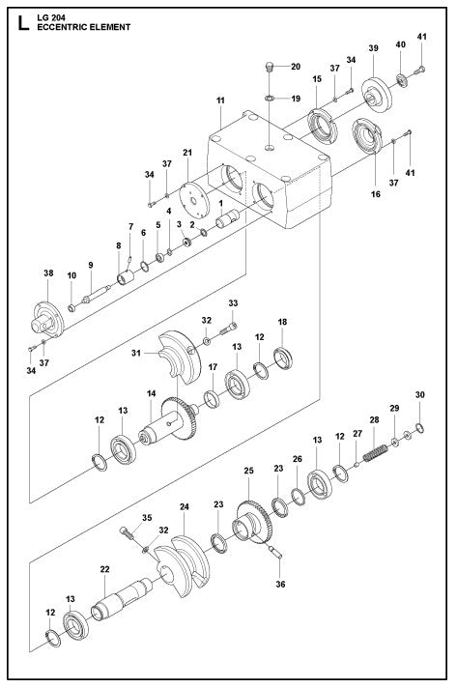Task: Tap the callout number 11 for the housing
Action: tap(220, 100)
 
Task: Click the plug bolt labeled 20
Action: tap(270, 68)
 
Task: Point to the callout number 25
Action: tap(248, 470)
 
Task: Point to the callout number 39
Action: tap(373, 48)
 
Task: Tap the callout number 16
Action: tap(375, 193)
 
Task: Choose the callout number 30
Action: tap(418, 394)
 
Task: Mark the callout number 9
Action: tap(91, 265)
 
